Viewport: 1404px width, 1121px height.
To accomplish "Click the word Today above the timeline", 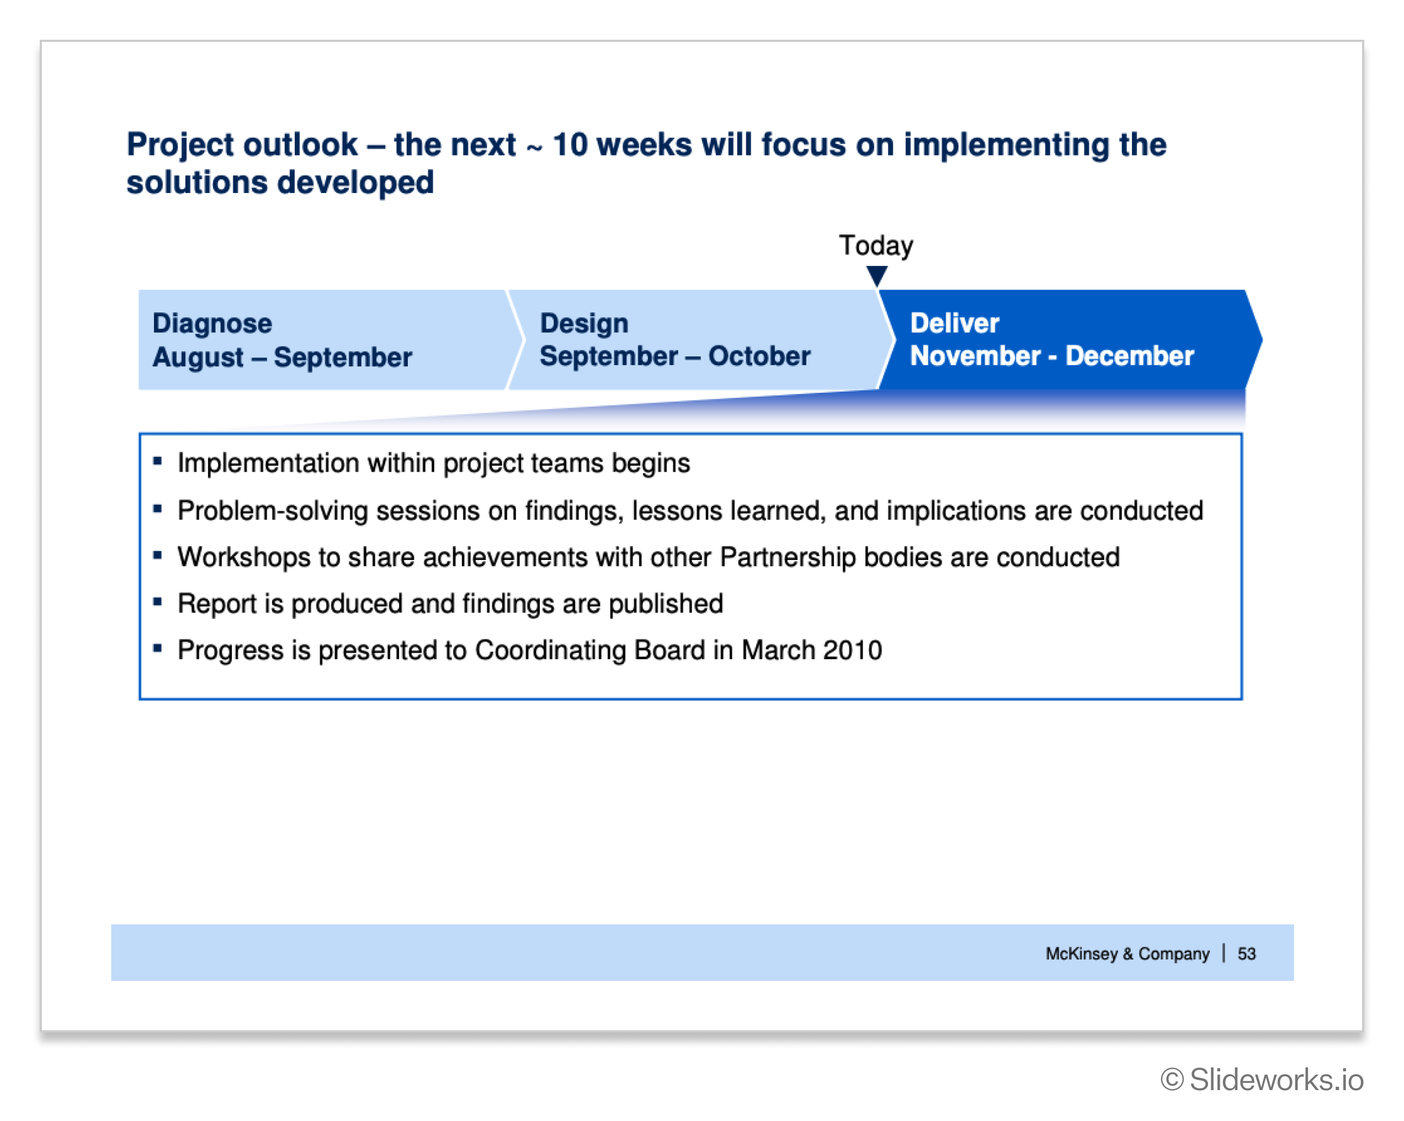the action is point(876,246).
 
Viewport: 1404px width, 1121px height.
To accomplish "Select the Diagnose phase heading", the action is point(212,323).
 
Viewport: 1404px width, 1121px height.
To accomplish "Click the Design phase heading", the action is point(584,323).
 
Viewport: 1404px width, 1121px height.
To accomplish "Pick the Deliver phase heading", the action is point(955,323).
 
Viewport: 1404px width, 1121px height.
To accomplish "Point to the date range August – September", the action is point(283,357).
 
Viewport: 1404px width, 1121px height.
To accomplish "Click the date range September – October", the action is point(676,356).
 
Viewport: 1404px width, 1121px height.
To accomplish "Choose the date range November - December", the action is point(1052,355).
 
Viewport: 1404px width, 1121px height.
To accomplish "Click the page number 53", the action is point(1246,954).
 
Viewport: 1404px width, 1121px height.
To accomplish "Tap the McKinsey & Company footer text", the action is point(1128,954).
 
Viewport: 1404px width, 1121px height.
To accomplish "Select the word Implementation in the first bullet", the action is point(268,463).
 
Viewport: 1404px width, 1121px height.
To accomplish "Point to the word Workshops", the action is point(244,558).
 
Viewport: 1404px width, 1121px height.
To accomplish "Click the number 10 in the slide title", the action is point(570,145).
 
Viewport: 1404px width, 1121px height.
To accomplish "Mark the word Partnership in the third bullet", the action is point(788,558).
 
